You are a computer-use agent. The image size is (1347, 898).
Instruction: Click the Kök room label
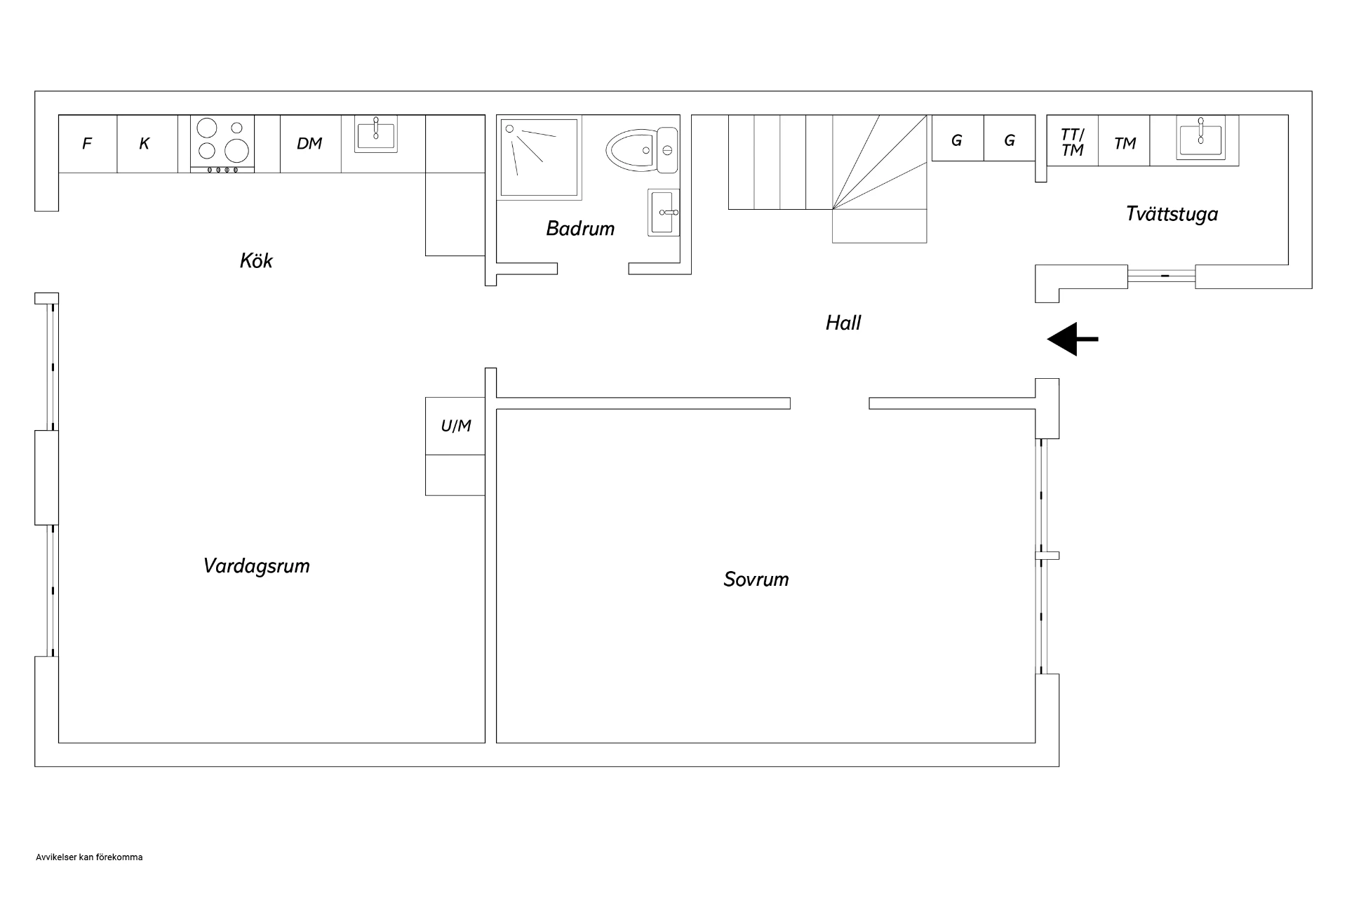click(x=256, y=261)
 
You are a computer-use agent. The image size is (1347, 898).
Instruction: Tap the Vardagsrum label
click(x=257, y=566)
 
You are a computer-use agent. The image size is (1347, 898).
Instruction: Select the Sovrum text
click(x=756, y=579)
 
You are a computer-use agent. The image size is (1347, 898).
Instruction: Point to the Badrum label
click(x=580, y=229)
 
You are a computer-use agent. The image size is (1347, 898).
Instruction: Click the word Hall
click(x=843, y=323)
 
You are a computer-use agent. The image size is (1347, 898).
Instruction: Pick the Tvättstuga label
click(x=1172, y=214)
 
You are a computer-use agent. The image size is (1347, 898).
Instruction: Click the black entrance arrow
click(x=1073, y=340)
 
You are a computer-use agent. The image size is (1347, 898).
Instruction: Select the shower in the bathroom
click(x=540, y=157)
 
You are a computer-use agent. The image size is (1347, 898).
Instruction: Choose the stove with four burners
click(x=223, y=144)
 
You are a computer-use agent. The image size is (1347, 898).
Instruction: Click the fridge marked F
click(x=88, y=144)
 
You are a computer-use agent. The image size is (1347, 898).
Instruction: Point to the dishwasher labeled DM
click(x=311, y=144)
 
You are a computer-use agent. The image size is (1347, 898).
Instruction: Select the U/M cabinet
click(x=455, y=426)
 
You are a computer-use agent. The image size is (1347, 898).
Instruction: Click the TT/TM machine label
click(x=1073, y=142)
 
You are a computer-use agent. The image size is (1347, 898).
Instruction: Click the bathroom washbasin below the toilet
click(x=664, y=213)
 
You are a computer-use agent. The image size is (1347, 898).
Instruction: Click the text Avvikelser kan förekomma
click(x=89, y=857)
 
